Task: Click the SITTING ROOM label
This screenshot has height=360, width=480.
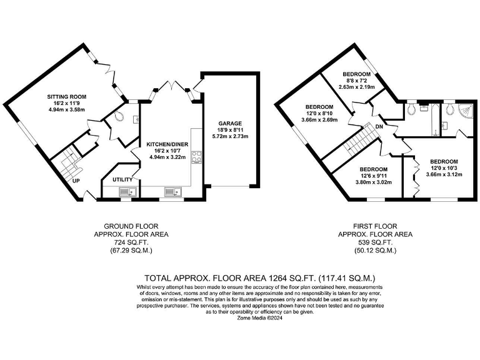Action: point(67,97)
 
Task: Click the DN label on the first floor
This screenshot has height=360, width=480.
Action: point(379,127)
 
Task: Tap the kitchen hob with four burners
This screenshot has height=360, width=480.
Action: point(196,157)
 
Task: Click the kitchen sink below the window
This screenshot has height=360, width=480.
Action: point(171,192)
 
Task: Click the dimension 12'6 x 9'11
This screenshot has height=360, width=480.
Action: point(374,176)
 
